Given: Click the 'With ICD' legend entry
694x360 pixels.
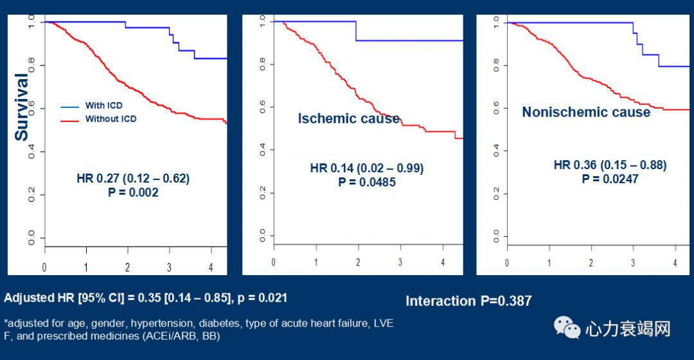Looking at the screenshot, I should pyautogui.click(x=103, y=105).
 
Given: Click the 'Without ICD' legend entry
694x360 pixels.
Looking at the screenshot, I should pyautogui.click(x=111, y=119).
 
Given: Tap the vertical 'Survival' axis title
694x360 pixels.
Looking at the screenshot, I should pyautogui.click(x=22, y=107).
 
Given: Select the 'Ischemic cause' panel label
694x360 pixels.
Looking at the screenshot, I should pyautogui.click(x=348, y=119).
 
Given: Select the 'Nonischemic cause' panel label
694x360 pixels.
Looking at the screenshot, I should pyautogui.click(x=586, y=113).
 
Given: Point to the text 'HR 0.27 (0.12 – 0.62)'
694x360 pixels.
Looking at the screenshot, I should pyautogui.click(x=133, y=178).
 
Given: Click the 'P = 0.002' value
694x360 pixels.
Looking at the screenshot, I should pyautogui.click(x=133, y=192).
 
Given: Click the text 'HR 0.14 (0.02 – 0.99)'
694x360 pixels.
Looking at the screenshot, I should pyautogui.click(x=367, y=168).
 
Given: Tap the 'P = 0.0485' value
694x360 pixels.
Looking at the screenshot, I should pyautogui.click(x=367, y=182).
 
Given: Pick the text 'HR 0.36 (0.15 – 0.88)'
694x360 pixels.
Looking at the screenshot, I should pyautogui.click(x=610, y=165).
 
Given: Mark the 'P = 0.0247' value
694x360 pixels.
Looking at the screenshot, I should pyautogui.click(x=610, y=179).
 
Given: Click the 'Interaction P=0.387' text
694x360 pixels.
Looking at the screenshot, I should pyautogui.click(x=468, y=301).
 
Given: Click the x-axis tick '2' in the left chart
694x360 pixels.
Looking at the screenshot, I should pyautogui.click(x=128, y=266).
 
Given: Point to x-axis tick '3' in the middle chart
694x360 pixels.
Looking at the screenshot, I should pyautogui.click(x=400, y=262).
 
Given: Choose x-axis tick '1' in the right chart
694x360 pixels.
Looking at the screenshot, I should pyautogui.click(x=549, y=264).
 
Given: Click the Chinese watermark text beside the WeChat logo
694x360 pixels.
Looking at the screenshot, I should pyautogui.click(x=627, y=329).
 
